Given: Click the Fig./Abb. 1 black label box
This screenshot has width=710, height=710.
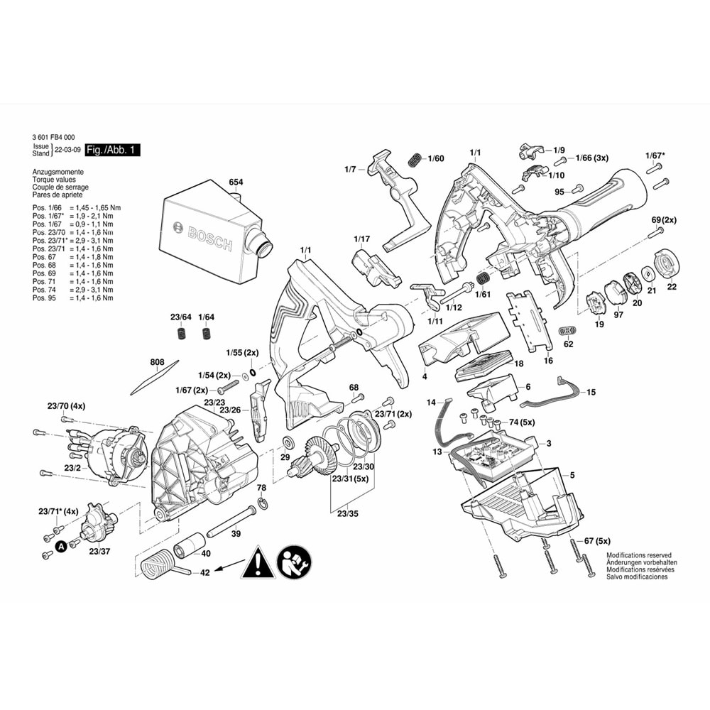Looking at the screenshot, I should pyautogui.click(x=112, y=151).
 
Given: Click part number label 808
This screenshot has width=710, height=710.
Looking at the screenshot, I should pyautogui.click(x=158, y=362).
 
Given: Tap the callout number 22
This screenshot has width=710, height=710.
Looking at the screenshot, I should pyautogui.click(x=671, y=286).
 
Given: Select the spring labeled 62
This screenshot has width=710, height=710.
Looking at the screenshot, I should pyautogui.click(x=567, y=330).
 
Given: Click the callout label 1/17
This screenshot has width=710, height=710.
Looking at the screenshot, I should pyautogui.click(x=362, y=239).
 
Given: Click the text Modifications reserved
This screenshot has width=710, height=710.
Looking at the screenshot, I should pyautogui.click(x=638, y=555).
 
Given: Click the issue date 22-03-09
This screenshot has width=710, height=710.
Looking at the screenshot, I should pyautogui.click(x=67, y=151).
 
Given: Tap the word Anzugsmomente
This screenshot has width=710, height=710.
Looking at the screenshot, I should pyautogui.click(x=58, y=173).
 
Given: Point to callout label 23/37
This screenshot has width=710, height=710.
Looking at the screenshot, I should pyautogui.click(x=99, y=551).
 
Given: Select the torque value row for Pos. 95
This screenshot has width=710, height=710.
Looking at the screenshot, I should pyautogui.click(x=72, y=298).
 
